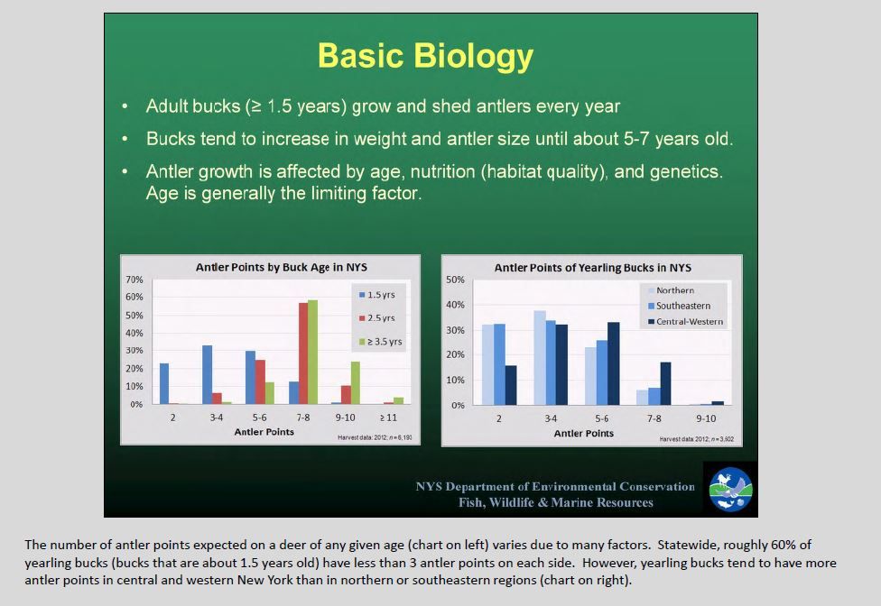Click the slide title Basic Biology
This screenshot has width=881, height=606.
click(x=425, y=57)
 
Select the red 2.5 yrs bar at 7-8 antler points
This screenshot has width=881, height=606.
click(x=303, y=353)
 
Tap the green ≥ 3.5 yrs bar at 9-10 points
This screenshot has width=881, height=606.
click(x=355, y=382)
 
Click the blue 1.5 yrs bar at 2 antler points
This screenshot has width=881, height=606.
click(x=164, y=384)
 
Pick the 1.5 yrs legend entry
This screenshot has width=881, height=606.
click(x=377, y=295)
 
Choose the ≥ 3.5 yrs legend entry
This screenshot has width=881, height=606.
click(x=380, y=341)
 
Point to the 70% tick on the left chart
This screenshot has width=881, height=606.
click(x=134, y=280)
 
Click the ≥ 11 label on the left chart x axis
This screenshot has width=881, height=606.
click(x=388, y=418)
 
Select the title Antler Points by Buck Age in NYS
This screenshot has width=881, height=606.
click(x=281, y=267)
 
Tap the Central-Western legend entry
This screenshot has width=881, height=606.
click(x=685, y=322)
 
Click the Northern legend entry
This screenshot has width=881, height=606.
click(x=671, y=290)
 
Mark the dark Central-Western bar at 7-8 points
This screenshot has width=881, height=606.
click(x=666, y=384)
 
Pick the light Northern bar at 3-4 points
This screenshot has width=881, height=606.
click(x=540, y=358)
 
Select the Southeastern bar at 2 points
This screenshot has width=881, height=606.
click(x=499, y=364)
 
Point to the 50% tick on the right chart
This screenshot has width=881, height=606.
click(x=455, y=280)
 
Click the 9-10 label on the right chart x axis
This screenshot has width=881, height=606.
click(x=706, y=418)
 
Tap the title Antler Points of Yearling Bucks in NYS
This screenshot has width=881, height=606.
click(x=593, y=268)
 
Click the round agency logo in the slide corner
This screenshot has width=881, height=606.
click(x=730, y=490)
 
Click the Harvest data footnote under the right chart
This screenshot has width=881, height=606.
click(x=697, y=439)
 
